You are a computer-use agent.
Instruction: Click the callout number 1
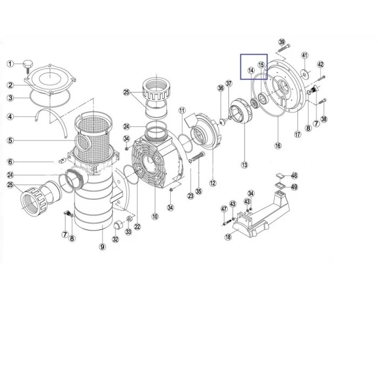point(10,64)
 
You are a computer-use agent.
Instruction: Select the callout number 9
point(103,247)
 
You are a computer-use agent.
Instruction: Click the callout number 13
point(245,165)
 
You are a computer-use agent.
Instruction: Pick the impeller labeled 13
point(241,111)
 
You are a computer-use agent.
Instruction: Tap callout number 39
point(281,42)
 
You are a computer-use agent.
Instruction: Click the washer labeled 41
point(305,75)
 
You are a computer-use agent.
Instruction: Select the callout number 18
point(228,237)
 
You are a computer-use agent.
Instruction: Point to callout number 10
point(155,216)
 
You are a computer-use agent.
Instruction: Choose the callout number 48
point(294,175)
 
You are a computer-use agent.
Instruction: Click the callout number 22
point(137,227)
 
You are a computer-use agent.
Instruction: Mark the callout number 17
point(298,134)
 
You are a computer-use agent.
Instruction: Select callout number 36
point(220,88)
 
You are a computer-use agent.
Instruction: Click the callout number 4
point(10,117)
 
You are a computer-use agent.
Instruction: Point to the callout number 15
point(261,65)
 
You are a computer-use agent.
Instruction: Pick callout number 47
point(224,209)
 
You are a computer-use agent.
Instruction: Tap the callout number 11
point(182,111)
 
